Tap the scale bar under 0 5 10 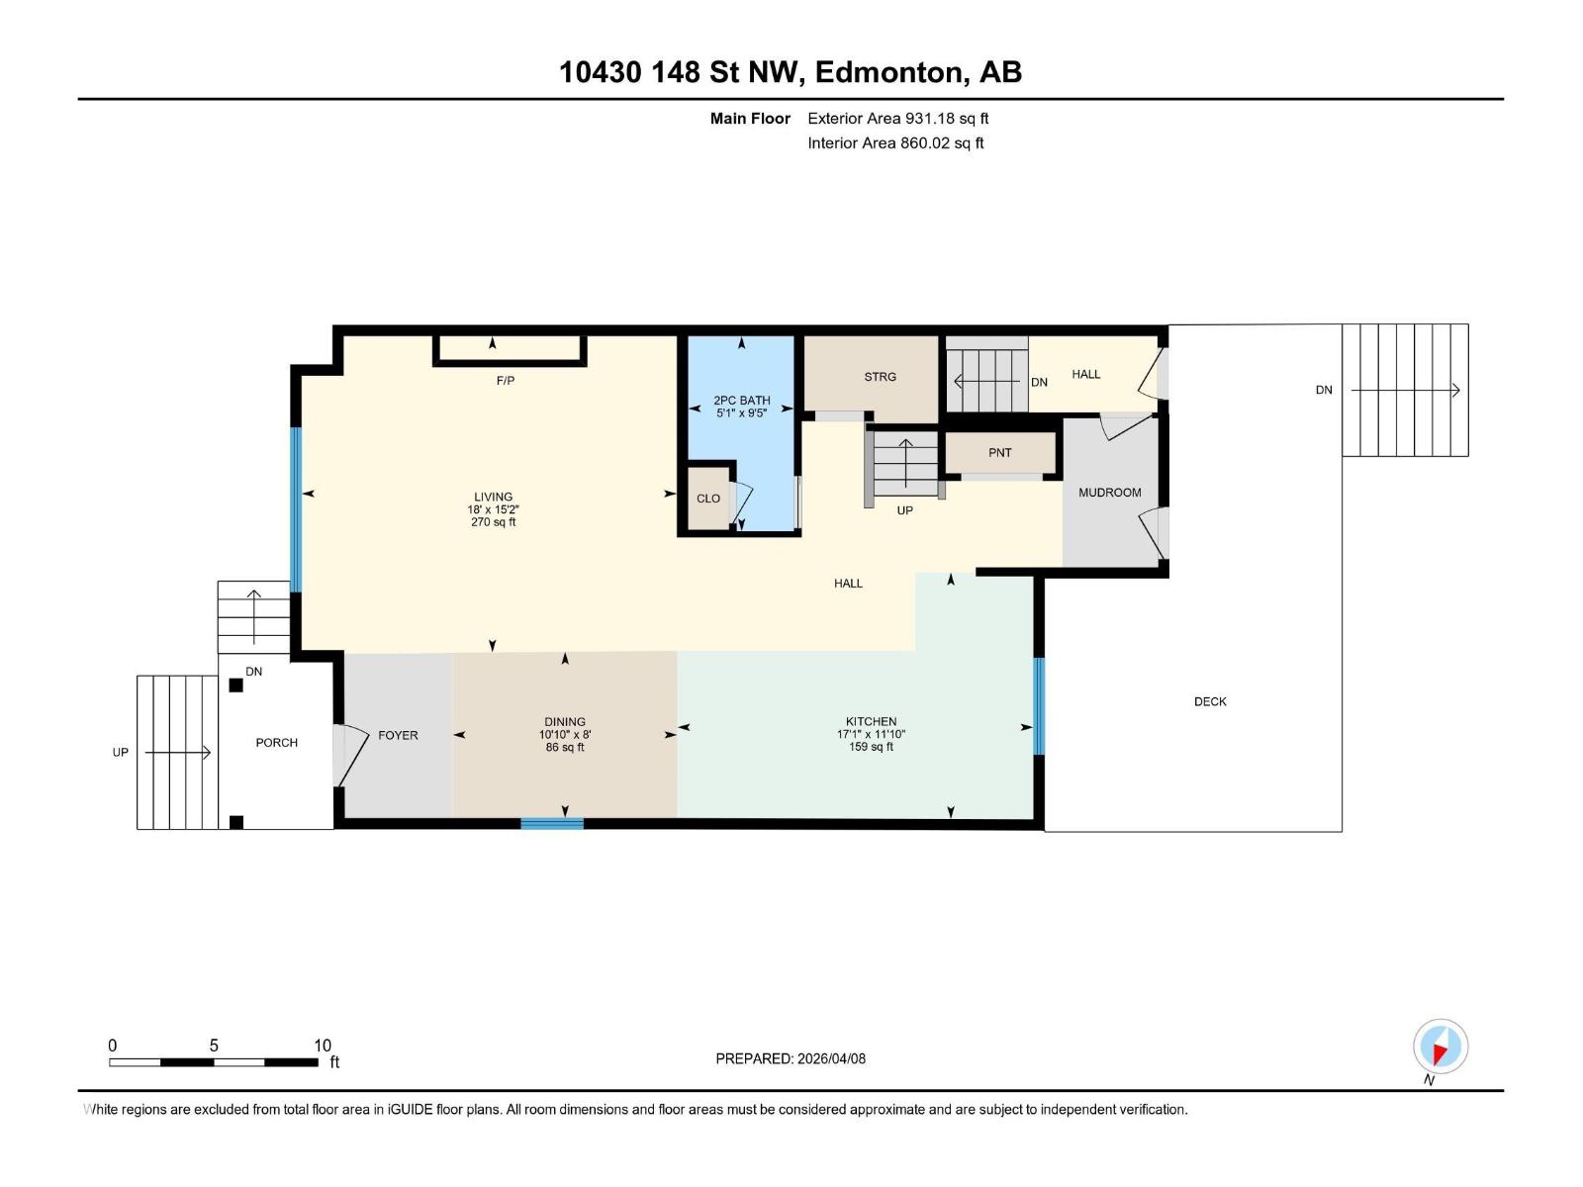coord(213,1062)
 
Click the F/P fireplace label coord(506,381)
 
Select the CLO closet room coord(708,498)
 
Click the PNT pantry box coord(1000,453)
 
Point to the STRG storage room coord(880,377)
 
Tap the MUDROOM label coord(1109,493)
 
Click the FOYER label coord(398,735)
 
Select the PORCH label coord(276,743)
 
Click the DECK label coord(1210,701)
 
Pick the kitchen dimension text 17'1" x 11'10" coord(871,735)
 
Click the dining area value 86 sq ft coord(565,748)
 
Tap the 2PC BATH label coord(742,401)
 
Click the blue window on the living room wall coord(295,509)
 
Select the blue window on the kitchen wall coord(1039,706)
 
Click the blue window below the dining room coord(552,823)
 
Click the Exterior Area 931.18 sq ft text coord(897,119)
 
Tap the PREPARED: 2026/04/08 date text coord(791,1058)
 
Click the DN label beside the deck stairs coord(1323,391)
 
